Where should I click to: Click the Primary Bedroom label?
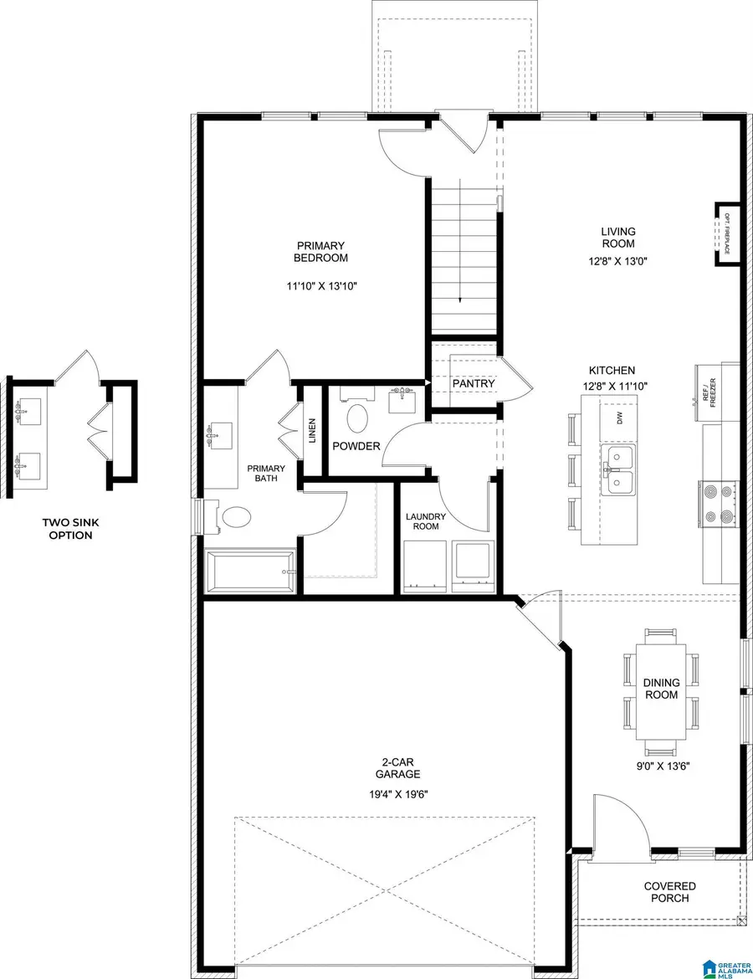click(320, 252)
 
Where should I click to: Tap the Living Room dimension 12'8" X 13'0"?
click(618, 261)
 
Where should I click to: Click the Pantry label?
click(474, 384)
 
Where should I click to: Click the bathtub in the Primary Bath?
click(249, 571)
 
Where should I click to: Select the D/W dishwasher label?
click(620, 418)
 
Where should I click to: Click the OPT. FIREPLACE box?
click(727, 233)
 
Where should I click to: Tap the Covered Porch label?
click(669, 892)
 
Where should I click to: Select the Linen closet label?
click(311, 431)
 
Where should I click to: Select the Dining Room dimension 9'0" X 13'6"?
click(660, 763)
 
